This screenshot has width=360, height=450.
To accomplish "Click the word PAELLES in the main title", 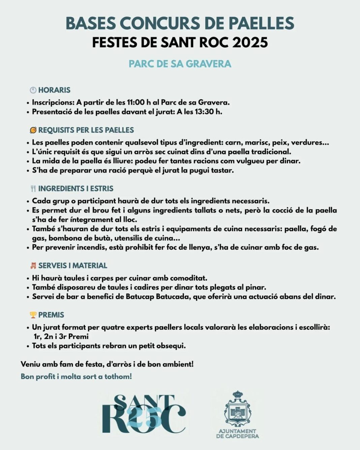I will tap(261, 23).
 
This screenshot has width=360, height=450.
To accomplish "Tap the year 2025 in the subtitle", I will tap(250, 43).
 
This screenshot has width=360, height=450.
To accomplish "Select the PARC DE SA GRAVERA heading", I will tap(180, 64).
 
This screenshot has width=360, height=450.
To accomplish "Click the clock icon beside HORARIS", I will tap(33, 90).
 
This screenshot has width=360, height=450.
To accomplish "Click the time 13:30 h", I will tap(208, 112).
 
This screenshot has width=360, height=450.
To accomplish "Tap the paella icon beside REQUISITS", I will tap(33, 130).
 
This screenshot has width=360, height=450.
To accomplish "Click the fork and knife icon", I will tap(33, 188).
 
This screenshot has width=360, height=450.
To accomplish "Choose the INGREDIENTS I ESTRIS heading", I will tap(76, 188).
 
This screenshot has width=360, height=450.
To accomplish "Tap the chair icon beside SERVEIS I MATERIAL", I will tap(33, 266).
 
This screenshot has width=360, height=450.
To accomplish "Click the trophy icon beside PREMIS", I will tap(33, 315).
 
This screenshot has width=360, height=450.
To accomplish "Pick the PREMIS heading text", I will tap(51, 315).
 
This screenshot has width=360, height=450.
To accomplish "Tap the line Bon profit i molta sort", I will tap(76, 377).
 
